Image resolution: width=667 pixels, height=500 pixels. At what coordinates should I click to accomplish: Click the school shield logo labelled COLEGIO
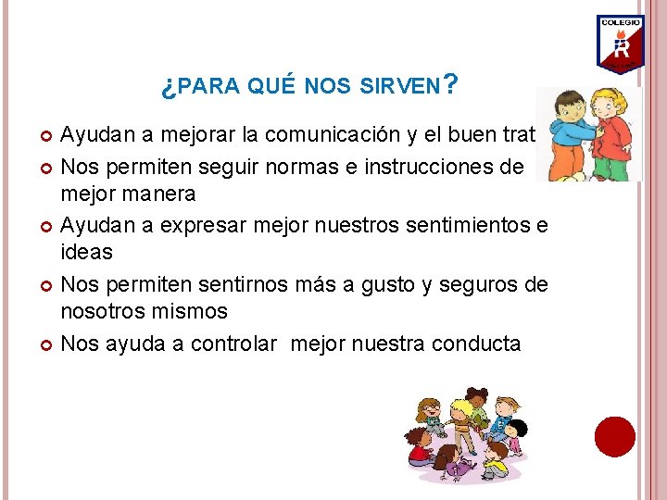pyautogui.click(x=620, y=44)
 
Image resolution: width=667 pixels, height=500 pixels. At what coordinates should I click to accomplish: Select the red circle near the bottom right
pyautogui.click(x=614, y=436)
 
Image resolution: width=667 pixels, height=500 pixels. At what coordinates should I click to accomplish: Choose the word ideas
pyautogui.click(x=86, y=252)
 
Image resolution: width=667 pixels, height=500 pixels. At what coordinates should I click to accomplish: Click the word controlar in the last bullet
pyautogui.click(x=233, y=344)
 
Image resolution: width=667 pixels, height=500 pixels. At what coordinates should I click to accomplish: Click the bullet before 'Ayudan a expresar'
pyautogui.click(x=47, y=226)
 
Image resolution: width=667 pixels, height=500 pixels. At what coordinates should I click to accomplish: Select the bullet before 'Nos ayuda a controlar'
pyautogui.click(x=47, y=345)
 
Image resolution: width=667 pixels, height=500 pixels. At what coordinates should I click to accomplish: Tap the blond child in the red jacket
pyautogui.click(x=612, y=139)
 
